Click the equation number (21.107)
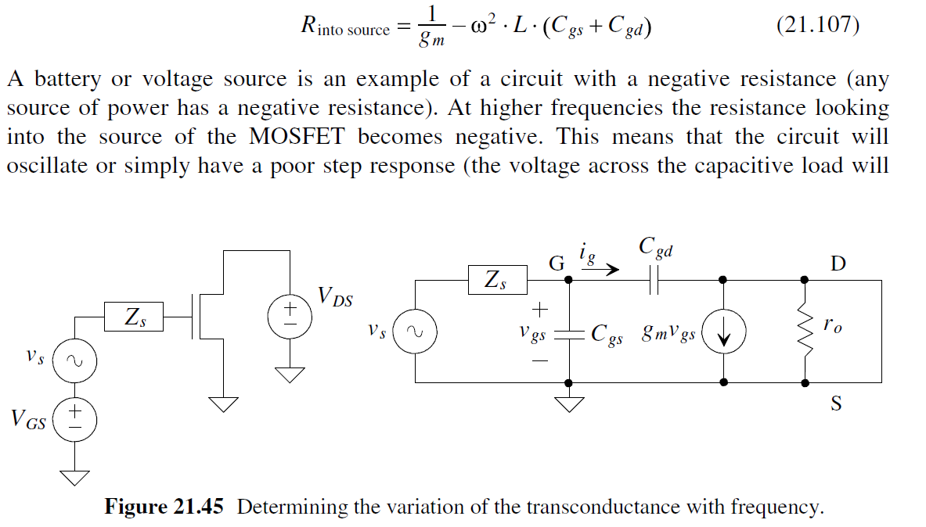click(x=817, y=27)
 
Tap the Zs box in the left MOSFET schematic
click(x=134, y=317)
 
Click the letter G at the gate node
click(x=557, y=263)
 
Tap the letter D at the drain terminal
click(x=838, y=263)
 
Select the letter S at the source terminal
click(x=836, y=404)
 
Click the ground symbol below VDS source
click(x=292, y=375)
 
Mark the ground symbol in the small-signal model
click(x=568, y=403)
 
